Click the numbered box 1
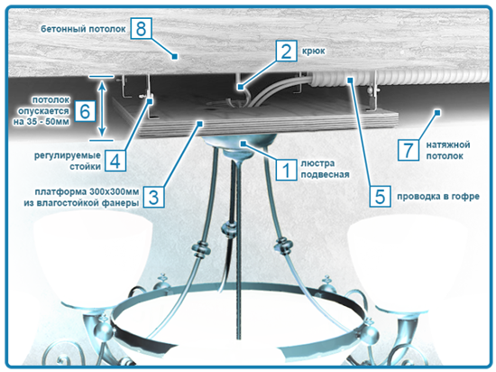click(x=286, y=170)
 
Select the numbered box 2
click(x=286, y=51)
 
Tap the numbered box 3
click(x=153, y=197)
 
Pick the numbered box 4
click(x=115, y=161)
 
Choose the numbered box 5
click(x=380, y=196)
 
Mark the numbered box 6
click(x=85, y=111)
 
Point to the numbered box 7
click(x=409, y=150)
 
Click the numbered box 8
click(x=141, y=29)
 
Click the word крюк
click(x=314, y=51)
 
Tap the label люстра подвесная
click(x=325, y=169)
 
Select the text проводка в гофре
click(x=438, y=197)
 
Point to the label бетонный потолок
click(x=83, y=29)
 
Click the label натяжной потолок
click(x=448, y=151)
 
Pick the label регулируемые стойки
click(x=68, y=161)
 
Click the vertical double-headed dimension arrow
click(x=102, y=107)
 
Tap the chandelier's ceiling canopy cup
click(x=240, y=146)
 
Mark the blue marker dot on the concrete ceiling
click(x=174, y=56)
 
